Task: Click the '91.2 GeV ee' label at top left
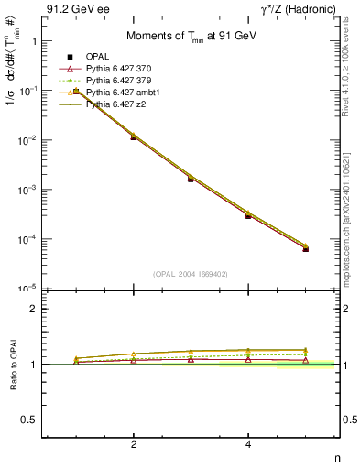(x=78, y=10)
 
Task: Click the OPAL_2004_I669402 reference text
(x=188, y=274)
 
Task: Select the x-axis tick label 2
(x=134, y=445)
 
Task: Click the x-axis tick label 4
(x=248, y=445)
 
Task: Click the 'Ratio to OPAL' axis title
(x=12, y=364)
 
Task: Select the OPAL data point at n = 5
(x=306, y=249)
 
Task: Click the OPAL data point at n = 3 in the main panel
(x=191, y=179)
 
